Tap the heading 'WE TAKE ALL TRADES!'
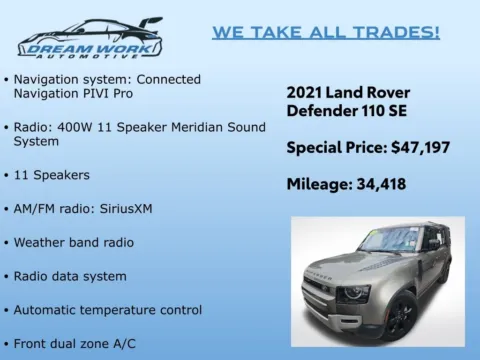[x=325, y=32]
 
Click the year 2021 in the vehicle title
[x=307, y=91]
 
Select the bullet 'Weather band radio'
[x=74, y=243]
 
